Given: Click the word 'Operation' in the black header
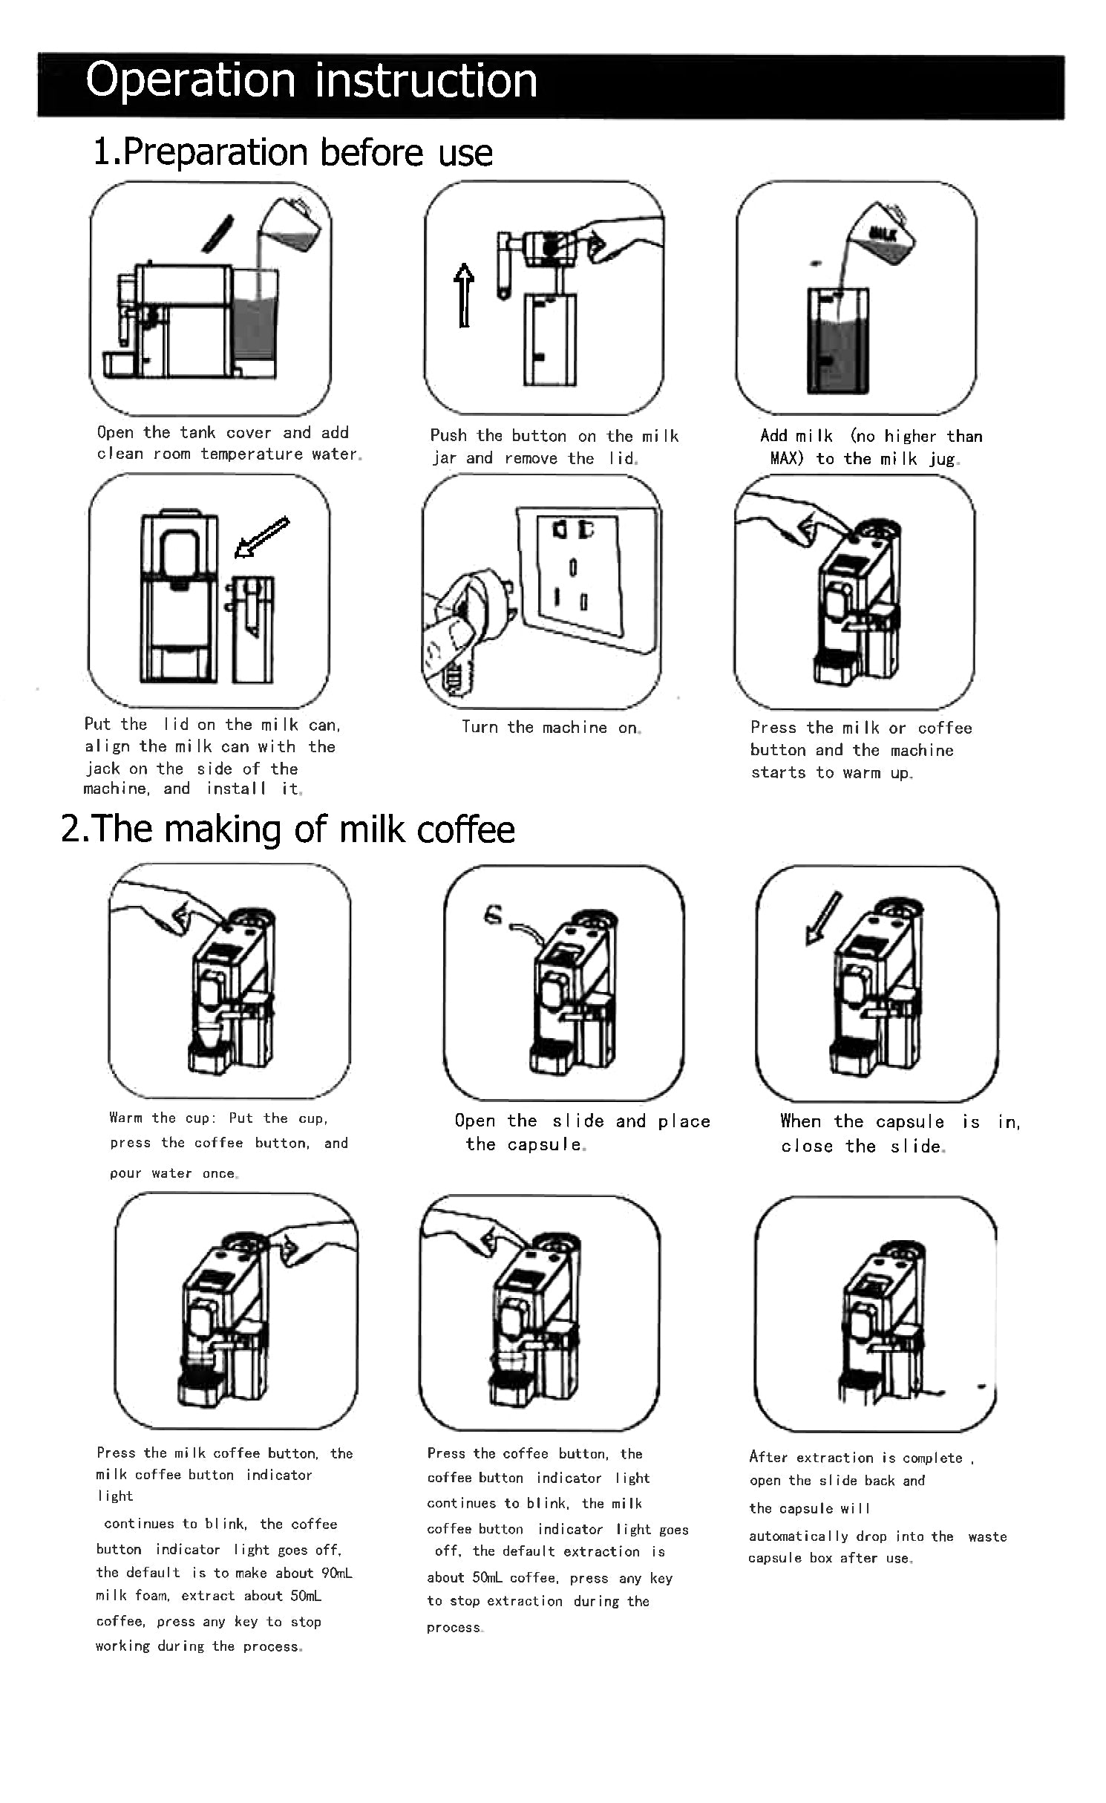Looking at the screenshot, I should click(x=190, y=80).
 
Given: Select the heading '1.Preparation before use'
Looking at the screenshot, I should click(x=292, y=152).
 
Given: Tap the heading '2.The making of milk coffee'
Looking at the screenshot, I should click(x=288, y=829).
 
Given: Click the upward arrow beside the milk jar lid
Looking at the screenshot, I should click(x=464, y=295).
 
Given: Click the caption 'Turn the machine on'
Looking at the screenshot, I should click(x=551, y=728).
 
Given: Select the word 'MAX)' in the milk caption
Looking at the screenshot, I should click(x=787, y=458).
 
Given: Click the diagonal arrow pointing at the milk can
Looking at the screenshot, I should click(x=261, y=537).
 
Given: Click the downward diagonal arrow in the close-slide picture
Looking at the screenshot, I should click(x=824, y=918).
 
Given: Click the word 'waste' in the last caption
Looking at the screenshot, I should click(x=987, y=1536).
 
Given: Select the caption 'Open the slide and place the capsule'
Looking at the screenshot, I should click(x=582, y=1132).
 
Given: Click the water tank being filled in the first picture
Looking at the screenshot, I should click(x=255, y=327).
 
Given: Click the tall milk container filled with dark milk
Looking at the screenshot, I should click(x=837, y=342).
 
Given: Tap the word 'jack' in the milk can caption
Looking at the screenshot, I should click(x=102, y=769).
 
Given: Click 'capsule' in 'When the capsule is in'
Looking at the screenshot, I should click(x=910, y=1121).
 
